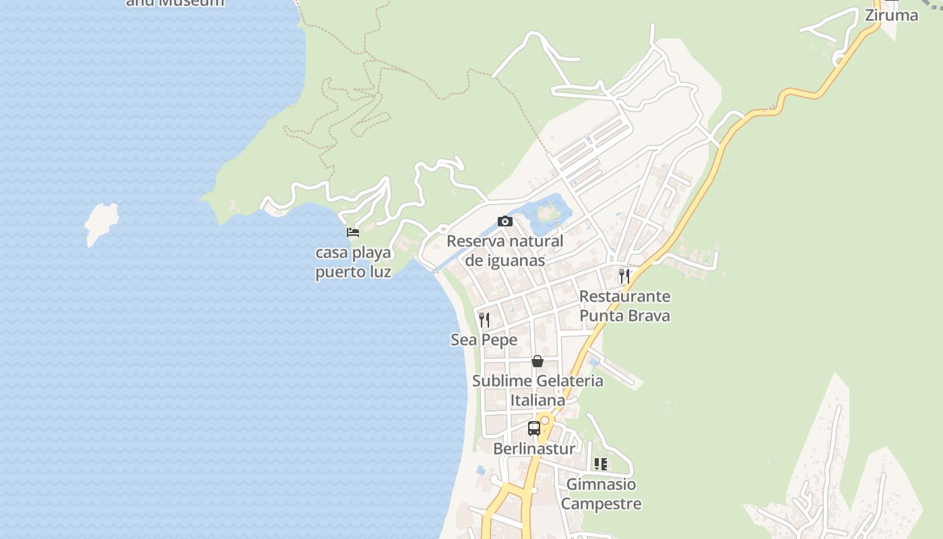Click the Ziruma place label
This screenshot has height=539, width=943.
(x=891, y=15)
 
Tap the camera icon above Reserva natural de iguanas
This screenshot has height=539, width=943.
(x=505, y=221)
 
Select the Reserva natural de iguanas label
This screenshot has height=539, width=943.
(x=505, y=251)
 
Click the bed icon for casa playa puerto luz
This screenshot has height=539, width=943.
(x=352, y=232)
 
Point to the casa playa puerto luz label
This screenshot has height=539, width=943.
(x=353, y=263)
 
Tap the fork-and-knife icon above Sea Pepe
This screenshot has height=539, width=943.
(x=484, y=319)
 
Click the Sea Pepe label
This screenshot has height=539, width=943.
(x=484, y=340)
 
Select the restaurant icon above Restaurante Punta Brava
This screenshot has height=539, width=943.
(x=624, y=276)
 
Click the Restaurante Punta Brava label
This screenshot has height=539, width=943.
(x=624, y=306)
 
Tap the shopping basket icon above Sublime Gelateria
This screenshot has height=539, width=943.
(x=537, y=361)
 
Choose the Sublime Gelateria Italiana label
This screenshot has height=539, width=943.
(x=537, y=390)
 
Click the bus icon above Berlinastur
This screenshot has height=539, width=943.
(x=533, y=428)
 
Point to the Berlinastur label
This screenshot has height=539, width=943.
(x=534, y=449)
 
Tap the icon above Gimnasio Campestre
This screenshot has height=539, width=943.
(x=600, y=464)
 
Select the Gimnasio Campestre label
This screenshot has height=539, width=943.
(x=601, y=494)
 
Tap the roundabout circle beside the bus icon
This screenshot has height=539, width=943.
(x=545, y=420)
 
